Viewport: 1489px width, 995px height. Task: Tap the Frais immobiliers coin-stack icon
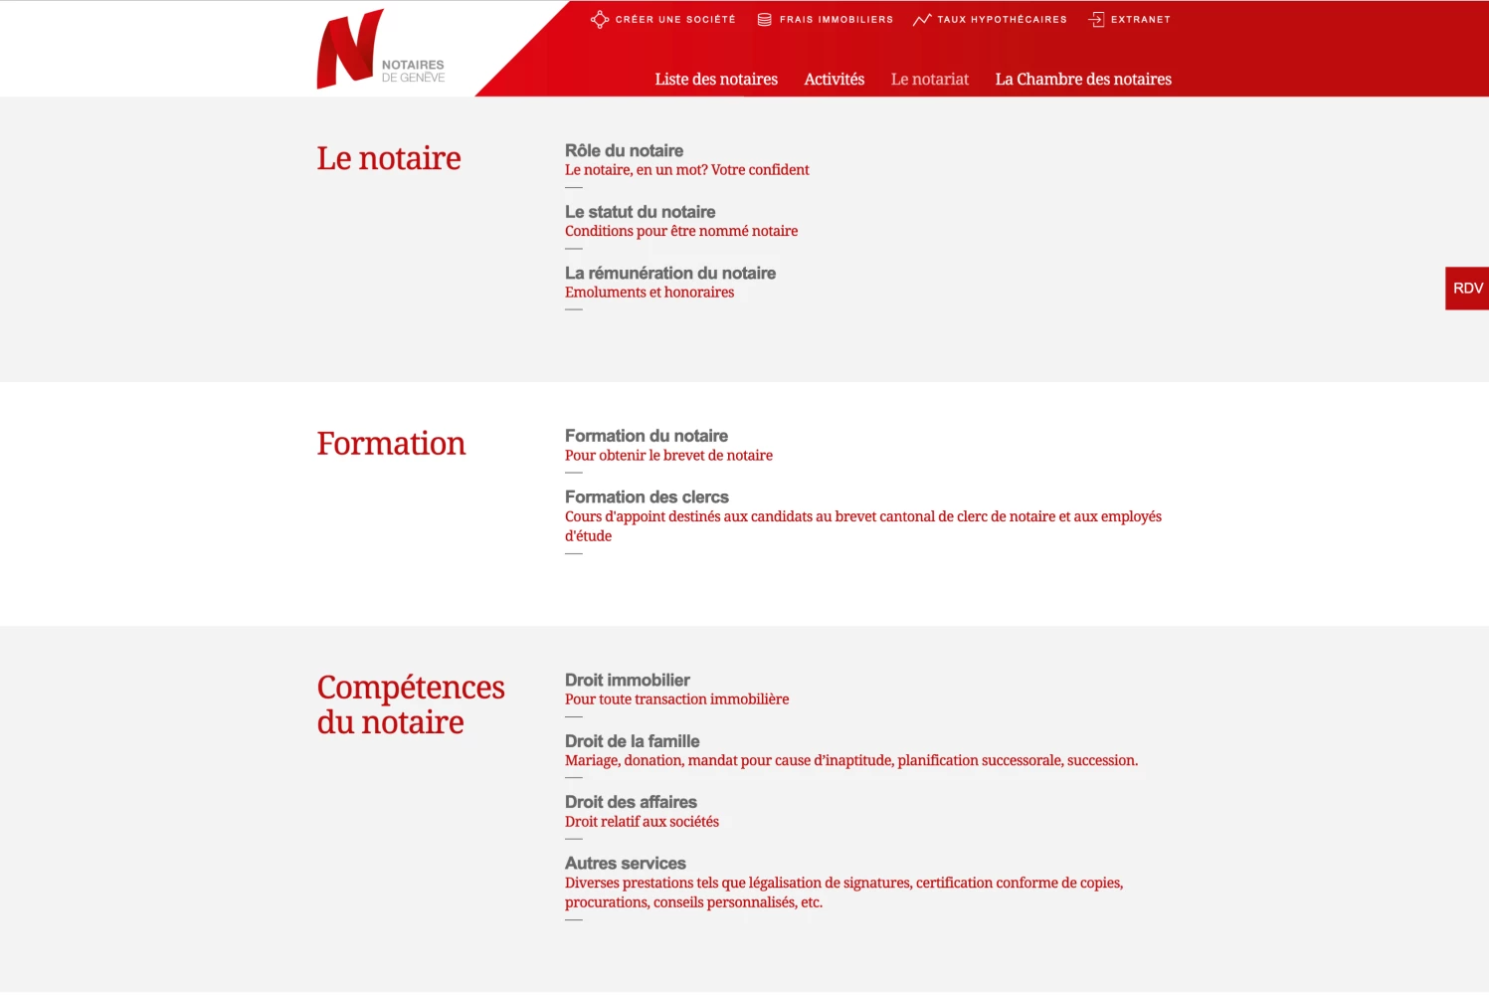coord(764,20)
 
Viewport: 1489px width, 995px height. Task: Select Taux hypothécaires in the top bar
coord(1001,20)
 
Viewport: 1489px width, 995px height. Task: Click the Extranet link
coord(1139,20)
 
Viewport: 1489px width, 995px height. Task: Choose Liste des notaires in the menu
coord(716,80)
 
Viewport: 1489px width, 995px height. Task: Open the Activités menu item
coord(834,80)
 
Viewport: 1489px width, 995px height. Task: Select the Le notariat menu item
coord(929,80)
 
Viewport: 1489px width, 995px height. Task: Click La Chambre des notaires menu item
coord(1083,80)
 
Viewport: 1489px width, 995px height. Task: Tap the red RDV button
coord(1467,289)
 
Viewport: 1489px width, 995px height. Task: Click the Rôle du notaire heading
coord(624,151)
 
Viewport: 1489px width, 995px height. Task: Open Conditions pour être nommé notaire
coord(680,231)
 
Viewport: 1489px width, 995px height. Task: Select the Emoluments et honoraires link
coord(649,293)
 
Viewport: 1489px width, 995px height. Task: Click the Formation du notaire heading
coord(646,436)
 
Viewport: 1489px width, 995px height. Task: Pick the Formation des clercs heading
coord(647,497)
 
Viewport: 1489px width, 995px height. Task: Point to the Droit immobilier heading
coord(627,681)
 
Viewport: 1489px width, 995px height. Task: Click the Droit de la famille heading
coord(632,741)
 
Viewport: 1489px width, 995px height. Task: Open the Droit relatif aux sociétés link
coord(642,822)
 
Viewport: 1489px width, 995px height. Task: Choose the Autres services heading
coord(625,864)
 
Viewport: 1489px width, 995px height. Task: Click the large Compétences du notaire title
coord(410,704)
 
